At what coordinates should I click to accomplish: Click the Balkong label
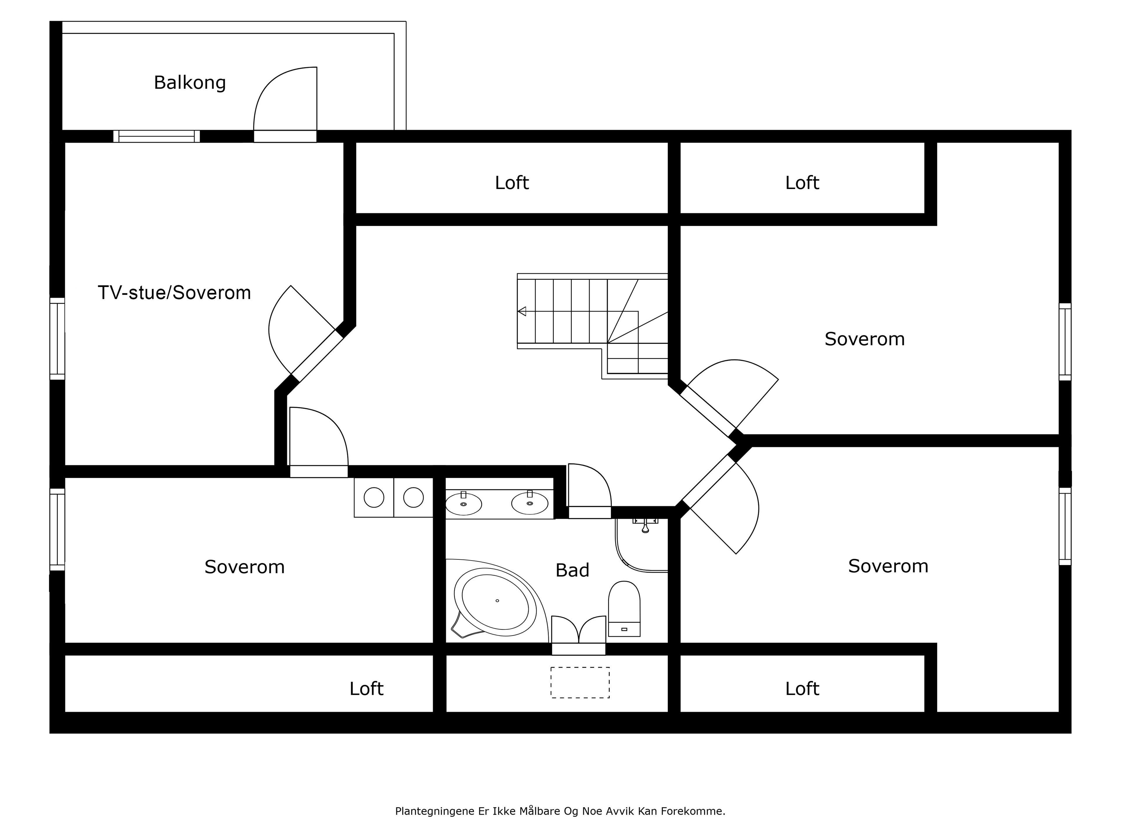click(x=189, y=83)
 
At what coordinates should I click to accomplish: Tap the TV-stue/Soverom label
click(x=174, y=293)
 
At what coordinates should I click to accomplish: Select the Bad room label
click(x=572, y=570)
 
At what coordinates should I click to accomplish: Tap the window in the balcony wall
click(x=156, y=136)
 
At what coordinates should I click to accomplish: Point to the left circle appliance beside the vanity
click(x=374, y=497)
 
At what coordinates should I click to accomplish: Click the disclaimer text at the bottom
click(x=560, y=811)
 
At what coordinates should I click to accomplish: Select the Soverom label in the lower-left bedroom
click(x=244, y=567)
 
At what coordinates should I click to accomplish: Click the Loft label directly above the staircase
click(x=511, y=183)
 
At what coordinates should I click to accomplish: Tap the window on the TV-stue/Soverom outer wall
click(x=57, y=338)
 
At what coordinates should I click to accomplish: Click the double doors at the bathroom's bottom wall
click(x=578, y=632)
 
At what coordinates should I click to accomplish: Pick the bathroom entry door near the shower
click(x=589, y=489)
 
